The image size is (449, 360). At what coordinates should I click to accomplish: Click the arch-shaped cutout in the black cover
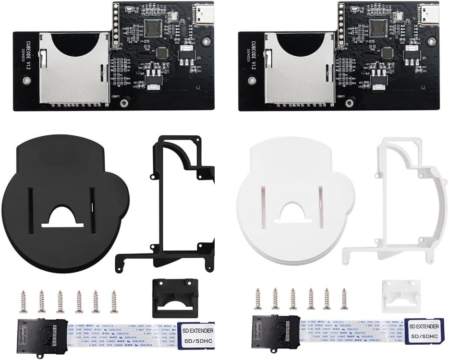click(x=63, y=216)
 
